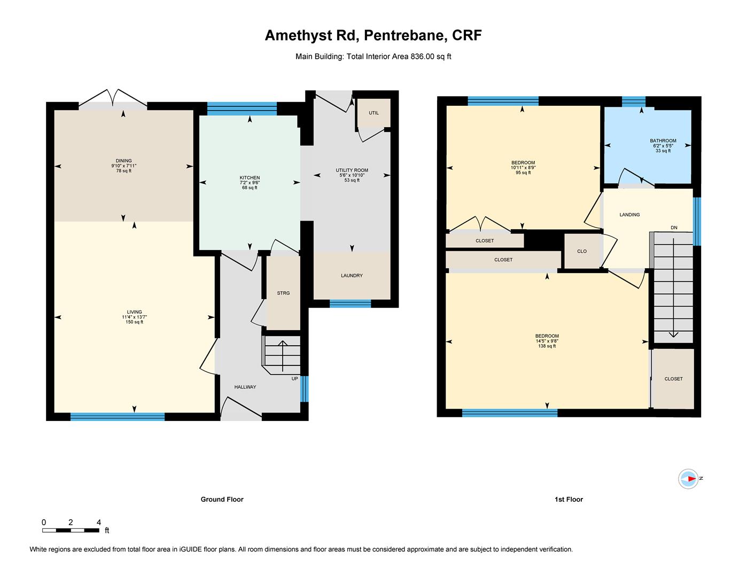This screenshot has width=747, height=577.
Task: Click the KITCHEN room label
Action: pos(250,178)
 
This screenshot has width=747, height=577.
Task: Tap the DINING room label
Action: pos(123,160)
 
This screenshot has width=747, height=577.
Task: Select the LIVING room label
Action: pos(134,312)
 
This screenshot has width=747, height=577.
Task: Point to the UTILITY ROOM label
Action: pos(352,170)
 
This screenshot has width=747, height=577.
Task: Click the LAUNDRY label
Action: pos(352,275)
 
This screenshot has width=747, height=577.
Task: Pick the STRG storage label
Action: pos(283,293)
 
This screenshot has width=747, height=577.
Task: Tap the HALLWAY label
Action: pos(245,387)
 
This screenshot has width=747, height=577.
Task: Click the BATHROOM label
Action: pos(663,141)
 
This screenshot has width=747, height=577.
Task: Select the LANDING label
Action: pos(629,214)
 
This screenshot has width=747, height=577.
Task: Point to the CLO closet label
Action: pos(582,251)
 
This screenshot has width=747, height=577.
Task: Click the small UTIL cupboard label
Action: pos(373,113)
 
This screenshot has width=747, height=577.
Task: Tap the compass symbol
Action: pos(689,478)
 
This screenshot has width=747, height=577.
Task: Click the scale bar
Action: pos(71,531)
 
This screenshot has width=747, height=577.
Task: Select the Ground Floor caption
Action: pos(222,500)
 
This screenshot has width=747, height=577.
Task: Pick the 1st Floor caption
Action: pos(569,500)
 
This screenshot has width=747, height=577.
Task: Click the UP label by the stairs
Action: pos(294,378)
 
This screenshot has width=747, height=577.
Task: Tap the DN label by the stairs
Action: pos(674,228)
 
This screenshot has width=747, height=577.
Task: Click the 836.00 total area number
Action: pos(423,56)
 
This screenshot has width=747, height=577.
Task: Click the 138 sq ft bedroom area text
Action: pos(547,346)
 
